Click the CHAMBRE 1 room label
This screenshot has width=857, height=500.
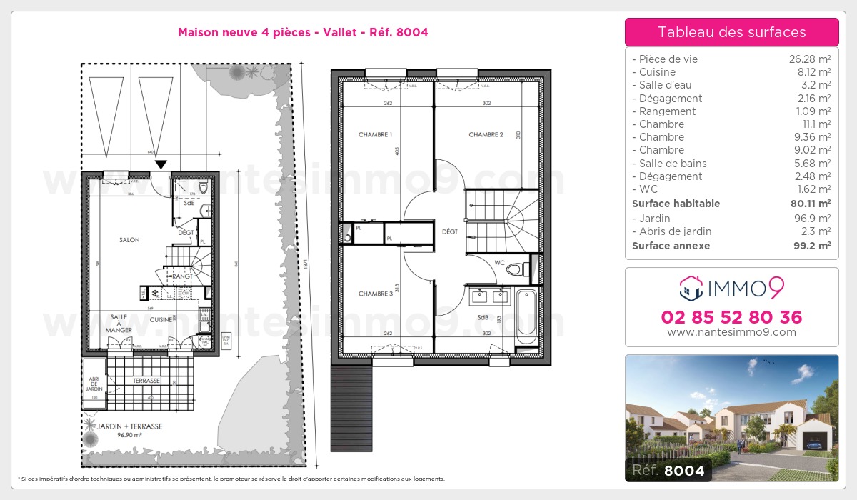[375, 134]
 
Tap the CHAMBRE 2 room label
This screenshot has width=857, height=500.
[486, 134]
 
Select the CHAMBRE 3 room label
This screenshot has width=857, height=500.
[375, 294]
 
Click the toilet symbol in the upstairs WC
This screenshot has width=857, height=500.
[526, 269]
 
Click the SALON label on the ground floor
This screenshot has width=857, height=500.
[129, 240]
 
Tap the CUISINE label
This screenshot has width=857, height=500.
[161, 320]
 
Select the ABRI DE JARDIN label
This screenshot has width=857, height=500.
[94, 384]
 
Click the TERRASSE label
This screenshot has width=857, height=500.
[146, 381]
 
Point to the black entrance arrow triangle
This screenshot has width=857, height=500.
[161, 165]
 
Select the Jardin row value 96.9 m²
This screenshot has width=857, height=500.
[813, 219]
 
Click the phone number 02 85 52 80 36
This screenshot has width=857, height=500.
[731, 317]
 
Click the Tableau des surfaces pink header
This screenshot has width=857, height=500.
[731, 32]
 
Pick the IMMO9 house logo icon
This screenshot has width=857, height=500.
[691, 289]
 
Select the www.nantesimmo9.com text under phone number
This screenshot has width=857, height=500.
[731, 332]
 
